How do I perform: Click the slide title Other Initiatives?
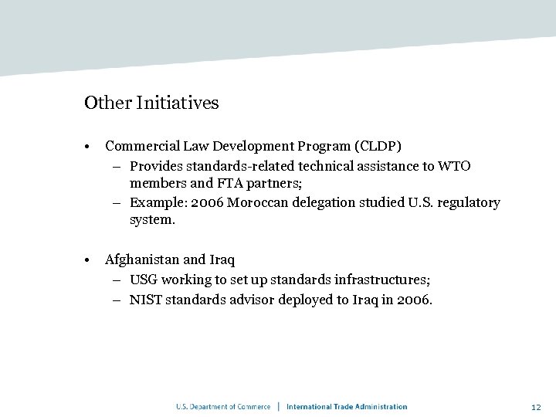(x=151, y=103)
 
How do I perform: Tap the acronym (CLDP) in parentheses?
(x=378, y=146)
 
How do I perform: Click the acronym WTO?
(x=454, y=166)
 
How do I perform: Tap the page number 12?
(x=536, y=406)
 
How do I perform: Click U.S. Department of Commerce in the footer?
(x=223, y=406)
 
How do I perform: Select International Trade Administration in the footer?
(x=347, y=406)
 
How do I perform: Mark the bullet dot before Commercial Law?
(x=90, y=147)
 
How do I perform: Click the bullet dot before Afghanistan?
(x=90, y=260)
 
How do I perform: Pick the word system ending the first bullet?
(x=152, y=220)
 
